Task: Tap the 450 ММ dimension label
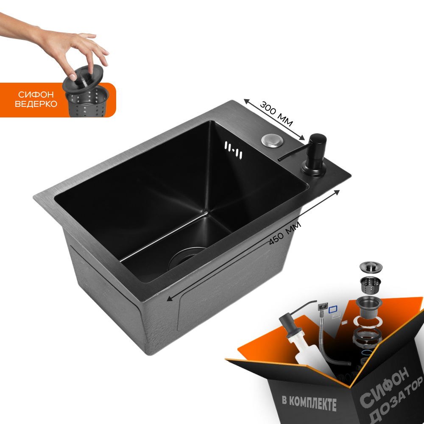tap(285, 234)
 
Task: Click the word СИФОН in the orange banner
tap(36, 95)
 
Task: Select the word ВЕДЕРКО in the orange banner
tap(36, 104)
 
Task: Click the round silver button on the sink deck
tap(270, 140)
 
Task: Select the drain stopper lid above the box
tap(371, 266)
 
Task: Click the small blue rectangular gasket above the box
tap(332, 310)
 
